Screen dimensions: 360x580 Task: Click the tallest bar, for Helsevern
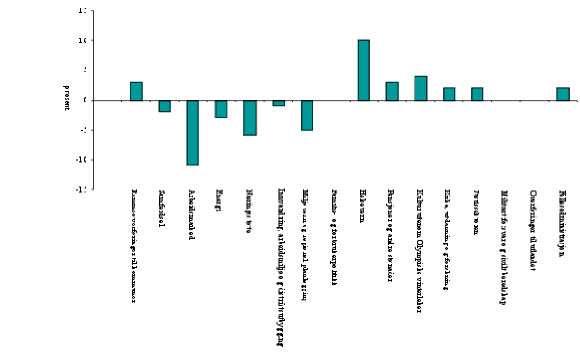[364, 70]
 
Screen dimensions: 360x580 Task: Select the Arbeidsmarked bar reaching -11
[193, 133]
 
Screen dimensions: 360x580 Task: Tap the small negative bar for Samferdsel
[165, 106]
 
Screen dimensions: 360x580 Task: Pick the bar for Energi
[221, 109]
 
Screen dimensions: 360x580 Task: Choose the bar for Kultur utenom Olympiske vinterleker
[420, 88]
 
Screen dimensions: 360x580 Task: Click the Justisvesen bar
[478, 94]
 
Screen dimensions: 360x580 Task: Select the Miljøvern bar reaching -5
[306, 115]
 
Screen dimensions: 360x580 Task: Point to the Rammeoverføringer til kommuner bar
[135, 91]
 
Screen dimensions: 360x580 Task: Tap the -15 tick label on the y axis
[82, 189]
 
